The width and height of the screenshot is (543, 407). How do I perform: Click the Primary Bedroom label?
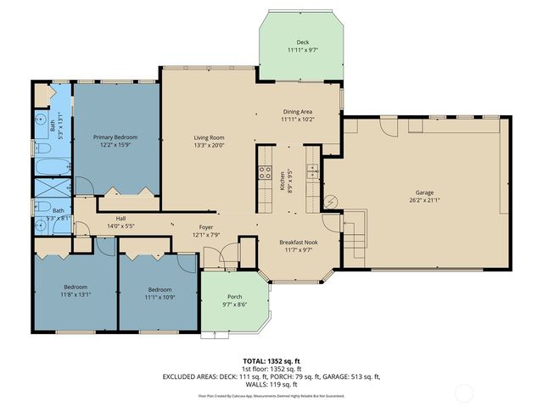[115, 137]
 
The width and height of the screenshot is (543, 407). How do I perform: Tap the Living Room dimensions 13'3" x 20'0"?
[209, 145]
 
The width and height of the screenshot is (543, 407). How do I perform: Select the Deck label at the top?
[302, 42]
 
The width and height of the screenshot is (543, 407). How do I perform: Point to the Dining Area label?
[298, 111]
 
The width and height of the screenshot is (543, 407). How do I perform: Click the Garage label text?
[424, 192]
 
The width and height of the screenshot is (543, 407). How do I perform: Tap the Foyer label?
[206, 226]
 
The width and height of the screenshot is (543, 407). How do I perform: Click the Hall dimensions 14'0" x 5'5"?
[120, 226]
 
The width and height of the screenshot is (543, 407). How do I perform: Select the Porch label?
[233, 297]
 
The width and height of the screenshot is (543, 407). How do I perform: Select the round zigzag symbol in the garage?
[333, 201]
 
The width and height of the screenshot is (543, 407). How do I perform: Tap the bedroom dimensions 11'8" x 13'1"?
[75, 294]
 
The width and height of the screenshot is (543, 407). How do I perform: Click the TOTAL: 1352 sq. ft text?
[271, 361]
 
